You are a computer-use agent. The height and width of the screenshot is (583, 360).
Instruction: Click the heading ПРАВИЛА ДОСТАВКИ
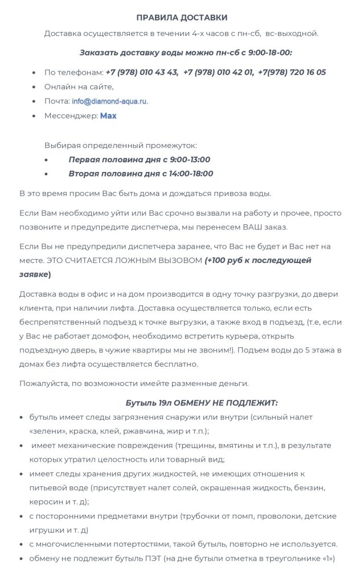click(182, 18)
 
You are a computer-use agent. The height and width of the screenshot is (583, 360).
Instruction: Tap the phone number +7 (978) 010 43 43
click(142, 72)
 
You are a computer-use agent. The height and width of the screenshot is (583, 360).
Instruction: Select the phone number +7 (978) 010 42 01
click(218, 72)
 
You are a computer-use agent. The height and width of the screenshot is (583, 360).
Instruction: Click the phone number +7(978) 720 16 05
click(292, 72)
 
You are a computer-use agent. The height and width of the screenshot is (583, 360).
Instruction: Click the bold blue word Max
click(108, 116)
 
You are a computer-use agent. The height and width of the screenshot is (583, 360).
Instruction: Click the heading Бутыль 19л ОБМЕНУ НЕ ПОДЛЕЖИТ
click(202, 403)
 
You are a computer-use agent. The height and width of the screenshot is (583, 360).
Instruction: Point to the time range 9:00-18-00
click(264, 52)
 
